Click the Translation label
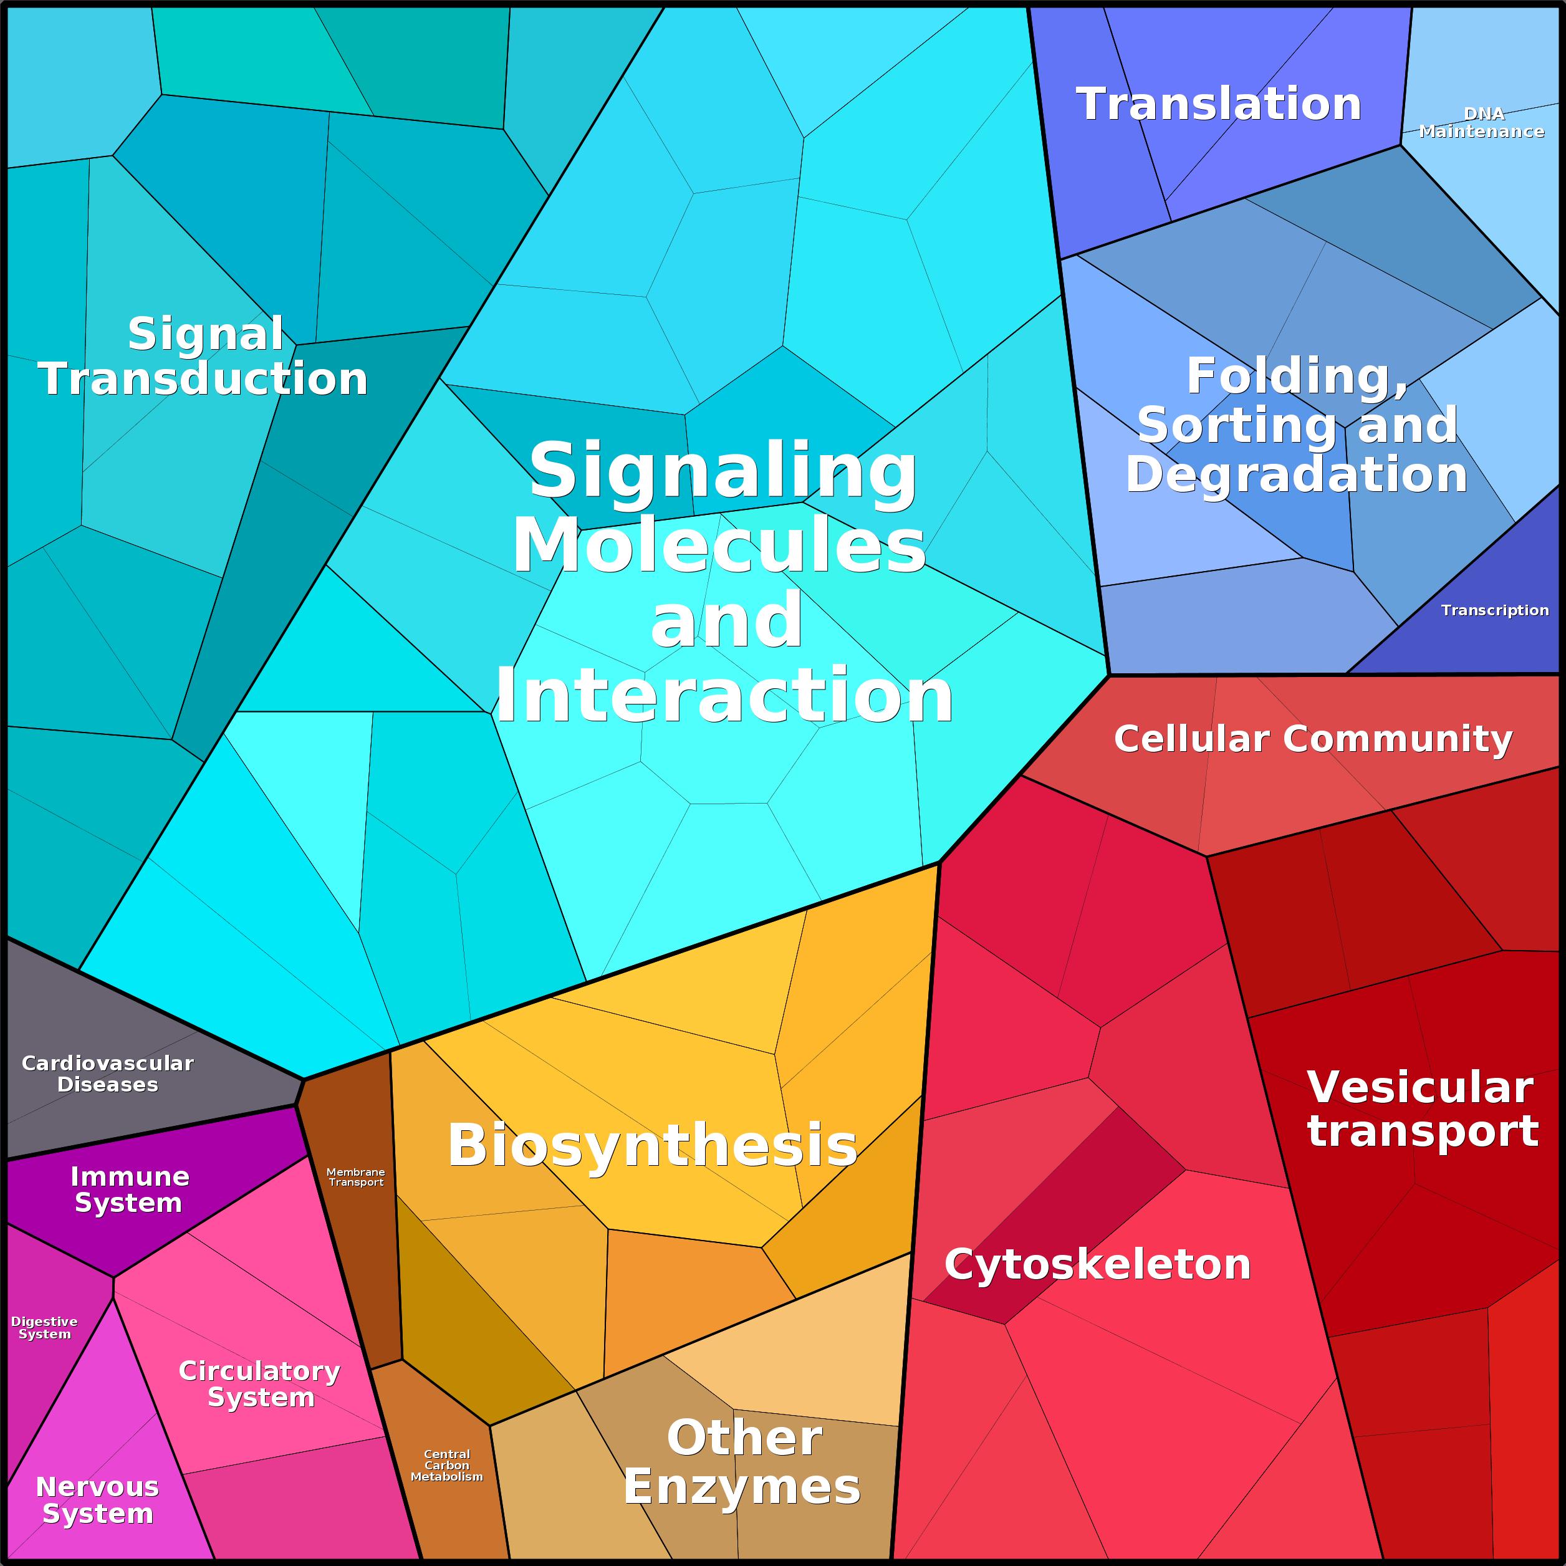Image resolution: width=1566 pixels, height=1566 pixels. click(1218, 105)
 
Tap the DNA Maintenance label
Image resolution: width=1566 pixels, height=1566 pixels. click(1482, 122)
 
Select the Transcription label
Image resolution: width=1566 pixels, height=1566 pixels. click(1495, 610)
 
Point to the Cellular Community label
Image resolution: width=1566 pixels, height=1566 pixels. click(1313, 739)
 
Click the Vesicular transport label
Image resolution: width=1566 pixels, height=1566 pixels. click(1423, 1109)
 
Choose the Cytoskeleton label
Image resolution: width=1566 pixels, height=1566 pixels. click(1097, 1264)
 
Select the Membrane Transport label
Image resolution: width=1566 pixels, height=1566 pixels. click(356, 1177)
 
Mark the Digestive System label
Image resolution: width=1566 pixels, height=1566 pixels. click(45, 1328)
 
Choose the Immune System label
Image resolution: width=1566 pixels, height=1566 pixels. click(129, 1189)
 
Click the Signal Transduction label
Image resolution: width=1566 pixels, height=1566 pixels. click(203, 357)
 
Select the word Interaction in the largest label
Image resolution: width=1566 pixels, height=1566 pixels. click(724, 696)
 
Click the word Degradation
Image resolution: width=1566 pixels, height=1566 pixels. click(1296, 474)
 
